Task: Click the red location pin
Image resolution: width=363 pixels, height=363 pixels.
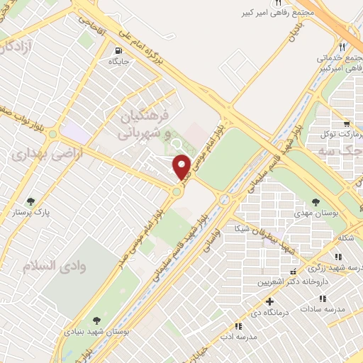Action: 182,168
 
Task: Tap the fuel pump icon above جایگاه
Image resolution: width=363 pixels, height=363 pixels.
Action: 118,50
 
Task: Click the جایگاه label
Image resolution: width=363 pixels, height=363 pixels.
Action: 118,62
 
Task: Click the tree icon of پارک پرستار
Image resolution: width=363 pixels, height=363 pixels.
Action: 30,201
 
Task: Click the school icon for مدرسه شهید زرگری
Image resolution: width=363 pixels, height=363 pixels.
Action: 294,272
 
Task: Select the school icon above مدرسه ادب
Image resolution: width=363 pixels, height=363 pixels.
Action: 239,326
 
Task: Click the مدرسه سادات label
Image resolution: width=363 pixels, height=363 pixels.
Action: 323,309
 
